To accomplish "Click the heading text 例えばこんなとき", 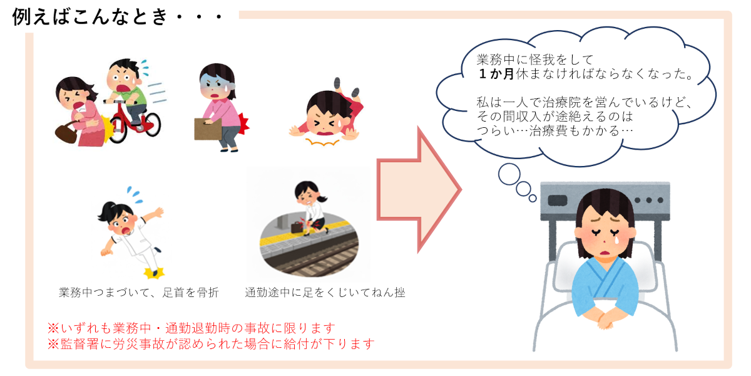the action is click(x=90, y=17).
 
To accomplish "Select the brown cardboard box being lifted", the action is click(x=208, y=128).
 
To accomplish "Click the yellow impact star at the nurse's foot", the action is click(x=154, y=273).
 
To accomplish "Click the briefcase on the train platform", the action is click(x=297, y=227).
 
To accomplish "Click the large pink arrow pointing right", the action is click(x=419, y=190).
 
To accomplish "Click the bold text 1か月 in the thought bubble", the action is click(x=496, y=74).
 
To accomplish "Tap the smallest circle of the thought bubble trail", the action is click(x=533, y=199).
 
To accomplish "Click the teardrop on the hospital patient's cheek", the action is click(x=616, y=239).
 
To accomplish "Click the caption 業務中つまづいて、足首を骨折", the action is click(x=139, y=293).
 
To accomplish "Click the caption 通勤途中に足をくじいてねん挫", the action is click(x=325, y=293).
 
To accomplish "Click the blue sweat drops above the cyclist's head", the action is click(x=145, y=68).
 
